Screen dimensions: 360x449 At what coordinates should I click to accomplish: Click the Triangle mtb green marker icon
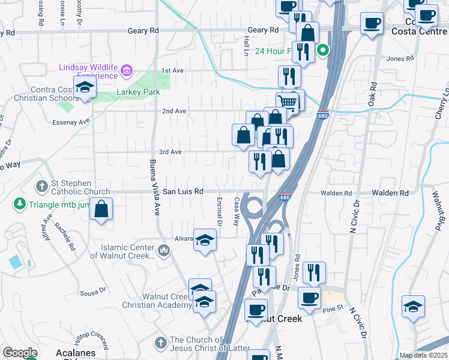point(20,204)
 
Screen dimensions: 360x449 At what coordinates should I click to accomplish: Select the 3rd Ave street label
point(170,152)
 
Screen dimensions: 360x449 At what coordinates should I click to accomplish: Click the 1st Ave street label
point(172,71)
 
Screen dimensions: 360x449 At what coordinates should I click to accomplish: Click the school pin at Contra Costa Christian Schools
point(85,88)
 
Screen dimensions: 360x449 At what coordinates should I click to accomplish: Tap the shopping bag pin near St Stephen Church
point(102,210)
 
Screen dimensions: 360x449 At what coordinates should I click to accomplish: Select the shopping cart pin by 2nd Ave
point(288,103)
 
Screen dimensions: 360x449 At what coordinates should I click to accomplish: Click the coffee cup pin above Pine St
point(310,297)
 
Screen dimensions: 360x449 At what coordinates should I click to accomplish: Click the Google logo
point(20,353)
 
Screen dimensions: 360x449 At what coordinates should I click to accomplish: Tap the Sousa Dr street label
point(93,293)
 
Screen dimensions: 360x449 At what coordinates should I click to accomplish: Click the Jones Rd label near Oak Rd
point(401,59)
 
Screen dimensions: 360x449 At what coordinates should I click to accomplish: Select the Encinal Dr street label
point(220,212)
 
